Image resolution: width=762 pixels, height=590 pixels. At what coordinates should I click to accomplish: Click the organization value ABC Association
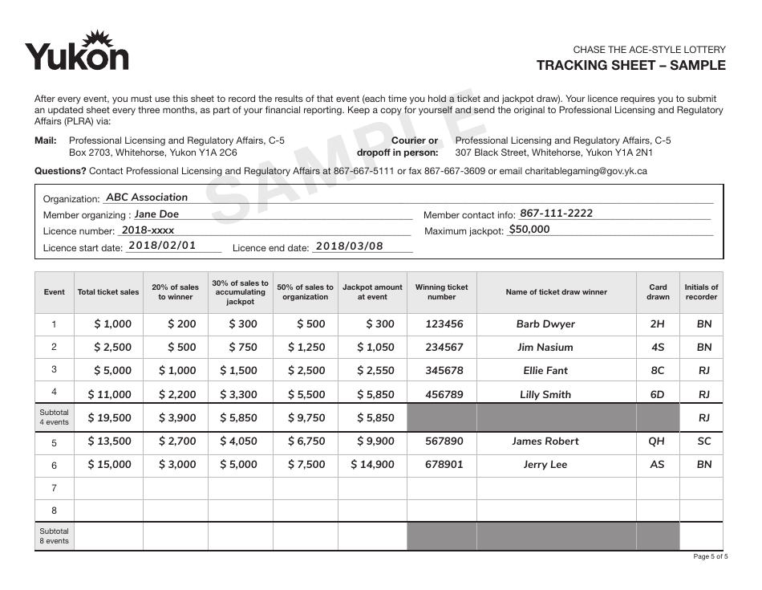pos(147,197)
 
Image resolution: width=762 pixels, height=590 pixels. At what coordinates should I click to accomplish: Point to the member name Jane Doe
pos(156,214)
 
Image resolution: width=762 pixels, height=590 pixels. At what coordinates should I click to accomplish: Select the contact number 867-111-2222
pos(556,214)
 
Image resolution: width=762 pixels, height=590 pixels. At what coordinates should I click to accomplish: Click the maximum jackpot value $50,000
pos(529,230)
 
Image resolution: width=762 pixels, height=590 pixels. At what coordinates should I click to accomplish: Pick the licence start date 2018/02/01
pos(162,246)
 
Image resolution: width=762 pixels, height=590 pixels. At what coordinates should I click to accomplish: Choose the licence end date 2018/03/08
pos(349,246)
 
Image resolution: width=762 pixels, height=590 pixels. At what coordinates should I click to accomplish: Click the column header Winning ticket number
pos(441,292)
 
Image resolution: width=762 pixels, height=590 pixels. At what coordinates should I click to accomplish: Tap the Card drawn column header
pos(658,292)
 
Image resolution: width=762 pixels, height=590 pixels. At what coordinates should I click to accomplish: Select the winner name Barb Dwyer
pos(545,324)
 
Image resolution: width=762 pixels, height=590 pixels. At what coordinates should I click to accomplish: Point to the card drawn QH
pos(657,441)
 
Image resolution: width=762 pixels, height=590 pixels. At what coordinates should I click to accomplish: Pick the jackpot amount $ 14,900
pos(372,465)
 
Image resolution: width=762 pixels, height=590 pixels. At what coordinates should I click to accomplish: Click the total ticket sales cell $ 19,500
pos(109,418)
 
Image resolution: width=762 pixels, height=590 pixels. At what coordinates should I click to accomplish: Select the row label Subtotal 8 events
pos(55,536)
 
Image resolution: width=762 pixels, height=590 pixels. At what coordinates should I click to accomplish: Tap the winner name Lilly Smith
pos(545,395)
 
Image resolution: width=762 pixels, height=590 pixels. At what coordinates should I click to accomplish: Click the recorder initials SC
pos(703,441)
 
